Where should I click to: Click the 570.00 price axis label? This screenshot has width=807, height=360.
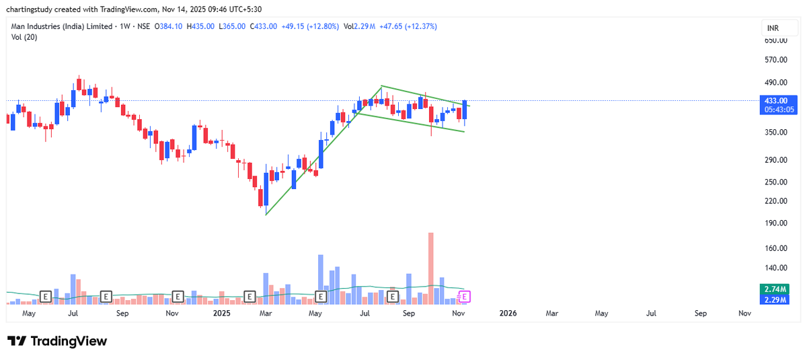775,60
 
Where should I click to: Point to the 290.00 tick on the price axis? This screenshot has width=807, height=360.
775,160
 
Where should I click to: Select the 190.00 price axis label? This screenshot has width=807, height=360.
775,223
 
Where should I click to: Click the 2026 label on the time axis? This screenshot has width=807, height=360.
508,314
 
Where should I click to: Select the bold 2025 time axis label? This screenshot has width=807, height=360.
222,314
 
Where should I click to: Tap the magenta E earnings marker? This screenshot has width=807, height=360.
465,296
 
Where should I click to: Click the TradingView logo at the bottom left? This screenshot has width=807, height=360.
57,341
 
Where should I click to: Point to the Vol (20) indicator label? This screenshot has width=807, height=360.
24,37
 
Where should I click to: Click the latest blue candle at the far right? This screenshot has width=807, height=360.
465,110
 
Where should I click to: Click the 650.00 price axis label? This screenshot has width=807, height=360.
775,40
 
